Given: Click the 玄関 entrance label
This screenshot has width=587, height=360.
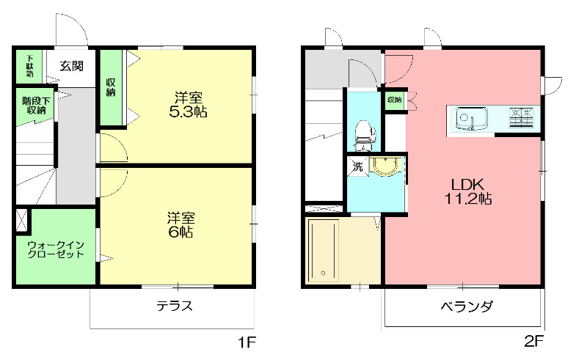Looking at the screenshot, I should (x=71, y=66).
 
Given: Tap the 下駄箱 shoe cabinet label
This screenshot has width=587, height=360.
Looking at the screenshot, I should (x=30, y=66).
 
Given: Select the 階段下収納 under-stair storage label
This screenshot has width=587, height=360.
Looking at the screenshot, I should (x=34, y=105).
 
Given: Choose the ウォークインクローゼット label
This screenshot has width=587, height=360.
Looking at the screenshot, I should (x=55, y=249).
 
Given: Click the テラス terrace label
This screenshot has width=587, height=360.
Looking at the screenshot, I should (x=175, y=306).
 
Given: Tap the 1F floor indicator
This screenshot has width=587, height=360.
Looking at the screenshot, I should (x=246, y=342).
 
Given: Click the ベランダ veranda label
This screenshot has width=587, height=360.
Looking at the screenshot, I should (x=466, y=306).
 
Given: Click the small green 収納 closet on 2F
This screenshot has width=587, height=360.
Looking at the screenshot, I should (x=394, y=100).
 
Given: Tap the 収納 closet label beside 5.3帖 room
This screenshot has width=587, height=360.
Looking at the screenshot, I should (x=111, y=87).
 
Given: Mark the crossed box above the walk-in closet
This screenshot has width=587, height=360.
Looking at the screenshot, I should (x=22, y=221).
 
